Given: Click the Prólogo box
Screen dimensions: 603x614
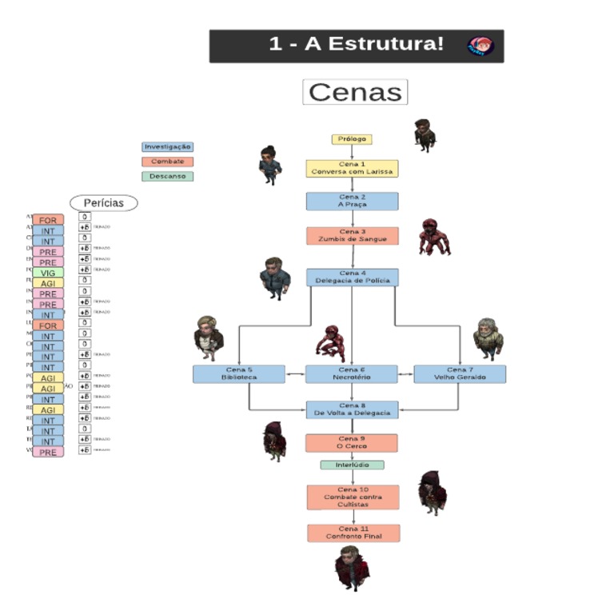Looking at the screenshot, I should coord(352,139).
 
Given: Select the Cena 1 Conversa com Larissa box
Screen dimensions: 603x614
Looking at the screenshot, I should coord(352,168).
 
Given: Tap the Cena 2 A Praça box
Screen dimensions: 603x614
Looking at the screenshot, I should coord(352,201).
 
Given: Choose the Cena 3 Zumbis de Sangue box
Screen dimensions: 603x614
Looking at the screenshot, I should coord(352,235).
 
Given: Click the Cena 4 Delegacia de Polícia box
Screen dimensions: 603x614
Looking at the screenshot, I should coord(352,277).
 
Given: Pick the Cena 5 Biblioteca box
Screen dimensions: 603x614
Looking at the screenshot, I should coord(238,373).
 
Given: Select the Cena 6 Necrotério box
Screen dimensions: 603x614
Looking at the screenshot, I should coord(352,373).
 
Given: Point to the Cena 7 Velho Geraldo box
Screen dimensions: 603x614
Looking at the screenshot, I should coord(460,373).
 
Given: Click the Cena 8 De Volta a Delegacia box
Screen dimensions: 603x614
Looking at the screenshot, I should coord(352,409).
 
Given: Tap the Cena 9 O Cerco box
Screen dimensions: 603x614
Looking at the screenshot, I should coord(352,442).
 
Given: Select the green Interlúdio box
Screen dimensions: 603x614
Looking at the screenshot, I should coord(352,465).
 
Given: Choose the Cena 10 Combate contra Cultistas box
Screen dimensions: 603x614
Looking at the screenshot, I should coord(353,497).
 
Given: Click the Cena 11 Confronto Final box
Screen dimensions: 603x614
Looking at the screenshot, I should coord(353,533).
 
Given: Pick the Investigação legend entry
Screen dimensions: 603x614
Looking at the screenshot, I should coord(167,147).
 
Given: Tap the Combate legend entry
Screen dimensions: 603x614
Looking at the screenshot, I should coord(167,162).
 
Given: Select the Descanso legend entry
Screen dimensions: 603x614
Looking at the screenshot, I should coord(167,176).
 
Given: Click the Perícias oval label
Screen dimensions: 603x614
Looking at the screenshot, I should coord(104,203).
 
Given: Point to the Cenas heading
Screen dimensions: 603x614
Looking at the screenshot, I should coord(355,92).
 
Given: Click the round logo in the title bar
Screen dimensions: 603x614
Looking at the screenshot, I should coord(480,46).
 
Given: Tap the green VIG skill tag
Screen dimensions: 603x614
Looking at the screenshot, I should coord(48,273).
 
